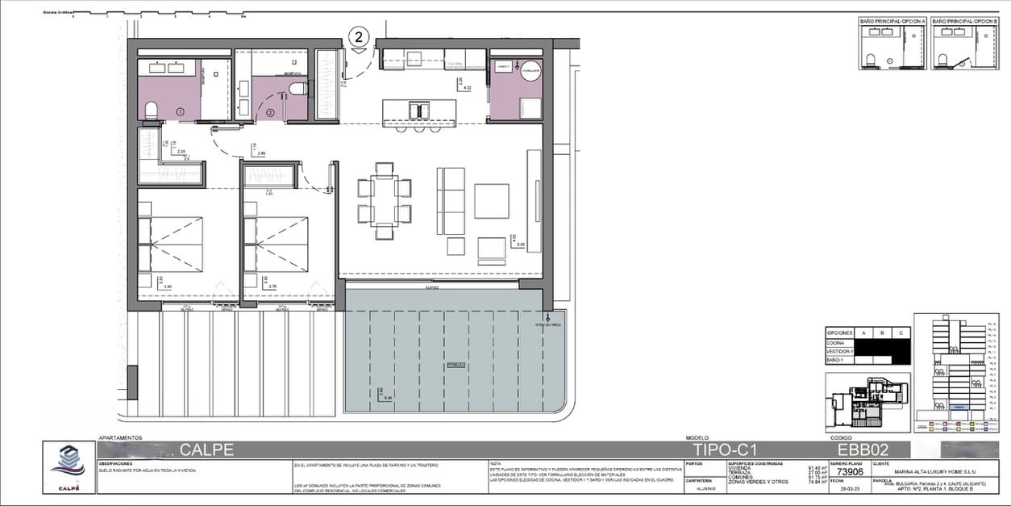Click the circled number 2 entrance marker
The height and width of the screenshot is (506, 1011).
(x=360, y=36)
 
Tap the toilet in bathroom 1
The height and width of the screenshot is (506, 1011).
(x=151, y=111)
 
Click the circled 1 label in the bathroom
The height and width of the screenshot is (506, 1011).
(x=180, y=111)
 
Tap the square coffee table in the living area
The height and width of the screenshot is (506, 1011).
(x=491, y=201)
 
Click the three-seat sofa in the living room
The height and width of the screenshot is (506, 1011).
(x=451, y=200)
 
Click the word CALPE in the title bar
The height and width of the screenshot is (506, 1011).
(x=206, y=450)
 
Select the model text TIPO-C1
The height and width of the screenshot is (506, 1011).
(x=726, y=450)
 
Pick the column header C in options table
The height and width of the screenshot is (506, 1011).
(x=899, y=332)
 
